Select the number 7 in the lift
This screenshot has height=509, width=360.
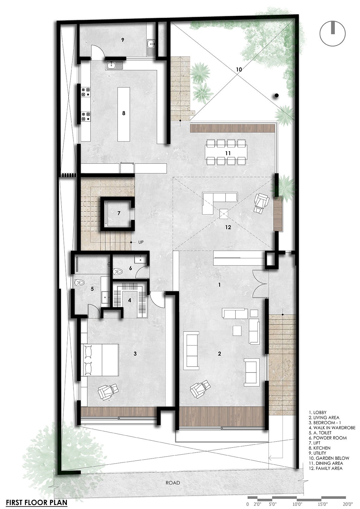pos(118,213)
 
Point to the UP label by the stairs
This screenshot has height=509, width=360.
pos(141,242)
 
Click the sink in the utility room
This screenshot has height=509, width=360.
pos(151,47)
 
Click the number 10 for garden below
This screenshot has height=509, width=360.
pos(239,70)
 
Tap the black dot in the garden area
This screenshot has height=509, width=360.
pos(276,96)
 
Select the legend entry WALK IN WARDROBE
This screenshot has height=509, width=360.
pos(332,428)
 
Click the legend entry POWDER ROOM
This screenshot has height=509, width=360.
pos(328,438)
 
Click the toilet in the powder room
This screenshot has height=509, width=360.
pos(118,271)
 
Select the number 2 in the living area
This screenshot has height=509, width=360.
pos(219,354)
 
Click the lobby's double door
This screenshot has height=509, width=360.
pos(260,283)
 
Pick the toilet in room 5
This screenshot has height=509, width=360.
pos(79,283)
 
